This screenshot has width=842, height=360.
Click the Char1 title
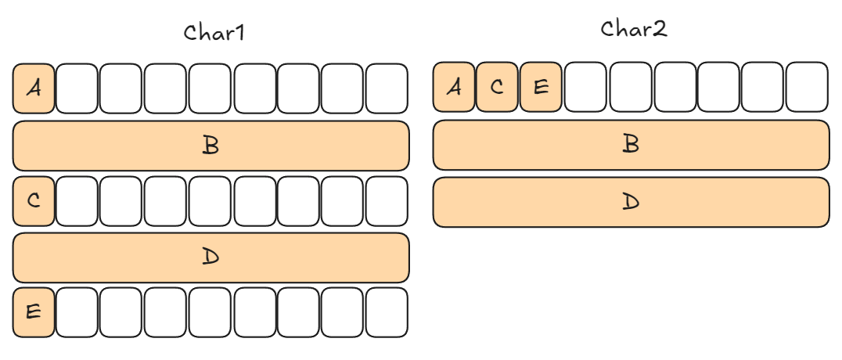click(x=214, y=33)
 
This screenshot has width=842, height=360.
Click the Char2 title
click(x=633, y=29)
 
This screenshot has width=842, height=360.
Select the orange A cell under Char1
click(x=34, y=88)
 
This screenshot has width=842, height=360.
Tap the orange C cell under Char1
click(x=34, y=201)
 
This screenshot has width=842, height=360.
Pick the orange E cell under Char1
click(x=34, y=312)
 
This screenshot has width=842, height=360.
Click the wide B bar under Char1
click(x=210, y=146)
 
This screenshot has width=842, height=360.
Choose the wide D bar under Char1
click(x=210, y=257)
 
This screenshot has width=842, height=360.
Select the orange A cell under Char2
click(x=454, y=87)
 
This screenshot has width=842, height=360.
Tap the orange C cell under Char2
click(x=497, y=87)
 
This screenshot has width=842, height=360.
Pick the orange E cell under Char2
click(x=541, y=87)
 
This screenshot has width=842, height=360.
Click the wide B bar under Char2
click(x=631, y=145)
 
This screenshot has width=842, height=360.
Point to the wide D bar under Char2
click(x=631, y=202)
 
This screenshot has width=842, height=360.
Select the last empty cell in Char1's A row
click(x=387, y=88)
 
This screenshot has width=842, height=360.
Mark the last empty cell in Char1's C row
click(x=387, y=201)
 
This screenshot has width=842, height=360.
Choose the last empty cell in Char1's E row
click(x=387, y=312)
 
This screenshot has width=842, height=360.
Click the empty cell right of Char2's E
click(x=585, y=87)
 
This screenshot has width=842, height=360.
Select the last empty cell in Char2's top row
click(x=807, y=87)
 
